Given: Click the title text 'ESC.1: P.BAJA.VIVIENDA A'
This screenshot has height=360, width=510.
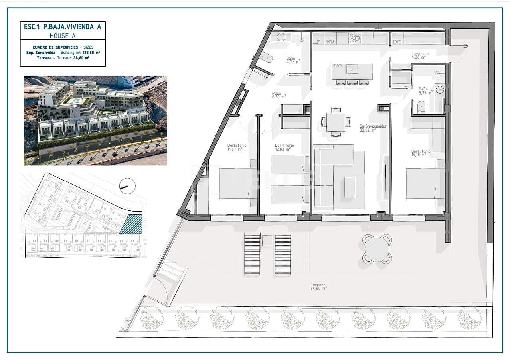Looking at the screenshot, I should (63, 27).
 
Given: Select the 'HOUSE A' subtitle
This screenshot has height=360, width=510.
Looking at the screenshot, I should (63, 35).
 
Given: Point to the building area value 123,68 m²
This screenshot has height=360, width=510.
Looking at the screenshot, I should (91, 52).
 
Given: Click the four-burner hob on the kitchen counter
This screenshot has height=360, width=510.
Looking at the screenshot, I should (355, 38).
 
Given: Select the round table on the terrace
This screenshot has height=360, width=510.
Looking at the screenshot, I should (377, 249).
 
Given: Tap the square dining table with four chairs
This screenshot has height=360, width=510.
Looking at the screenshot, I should (336, 122).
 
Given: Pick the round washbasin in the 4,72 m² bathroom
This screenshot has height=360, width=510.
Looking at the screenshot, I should (281, 38).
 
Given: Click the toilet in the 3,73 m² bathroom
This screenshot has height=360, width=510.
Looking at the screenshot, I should (421, 106).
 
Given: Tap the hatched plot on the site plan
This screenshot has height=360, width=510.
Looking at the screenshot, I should (131, 224).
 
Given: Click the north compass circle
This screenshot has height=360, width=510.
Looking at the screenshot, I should (127, 186).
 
